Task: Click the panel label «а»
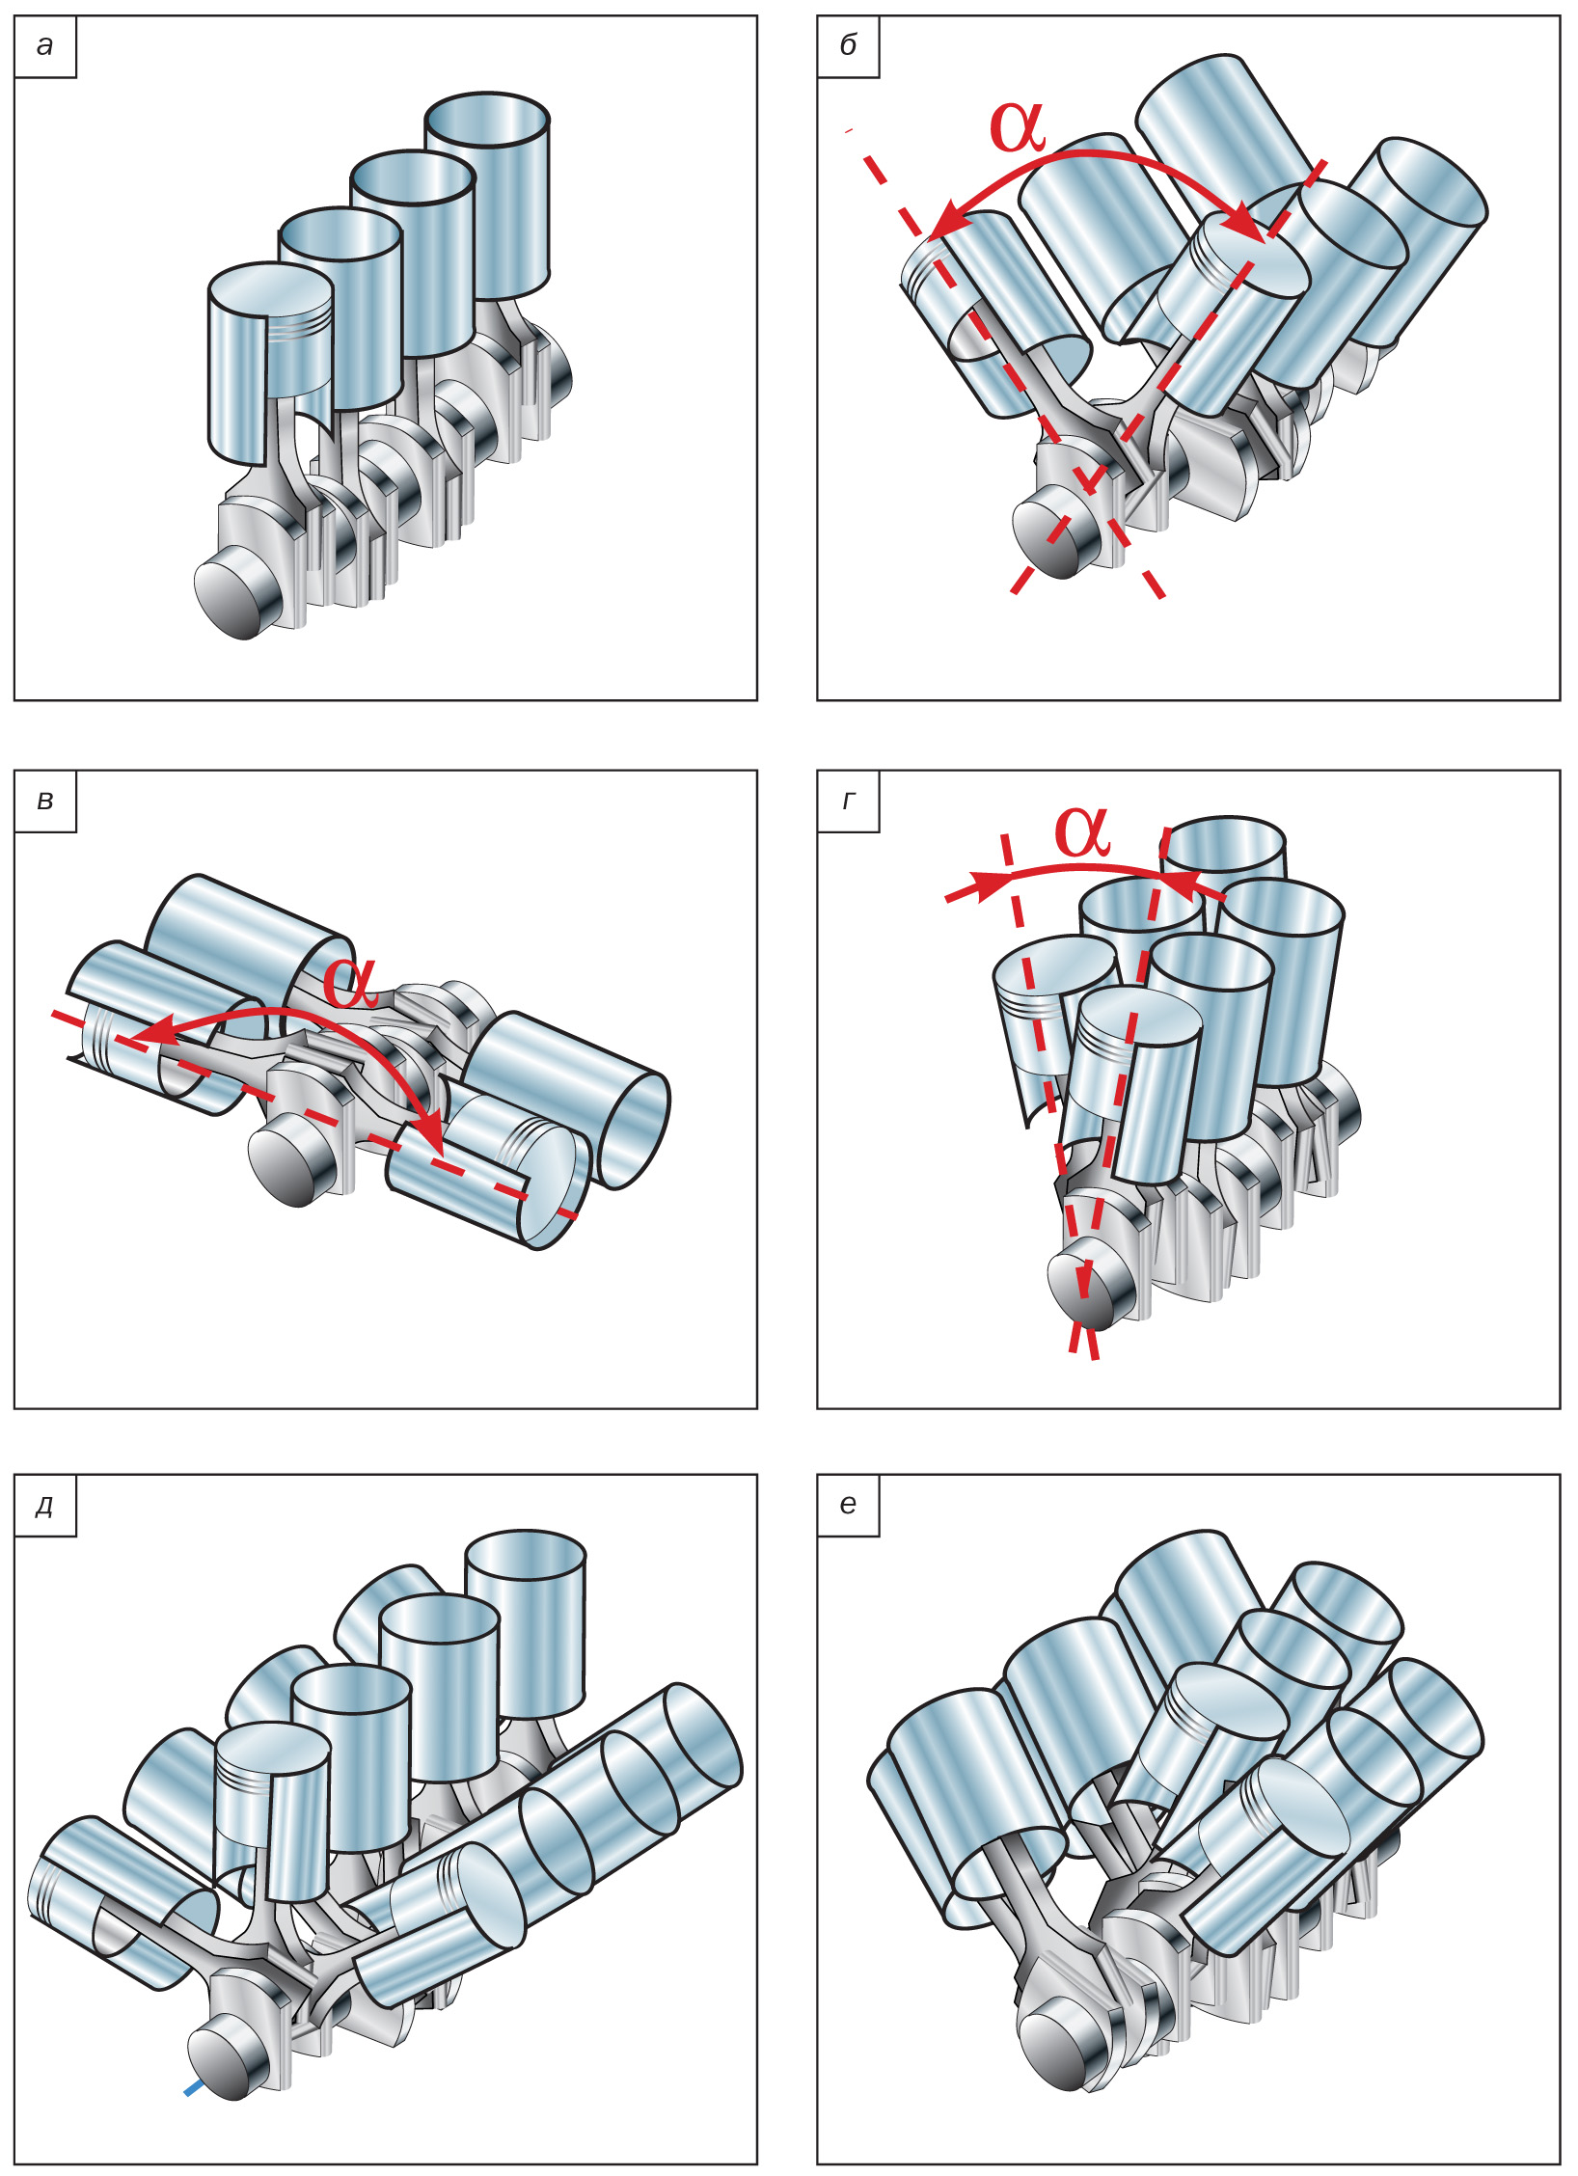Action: click(44, 46)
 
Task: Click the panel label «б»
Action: click(848, 46)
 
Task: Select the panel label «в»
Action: click(44, 802)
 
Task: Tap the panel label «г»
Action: click(848, 802)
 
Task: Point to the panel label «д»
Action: click(44, 1506)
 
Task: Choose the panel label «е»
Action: click(848, 1506)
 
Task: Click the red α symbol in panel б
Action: click(1018, 126)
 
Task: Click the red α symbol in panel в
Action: click(349, 983)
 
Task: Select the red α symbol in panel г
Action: click(1082, 831)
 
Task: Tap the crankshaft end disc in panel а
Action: click(230, 597)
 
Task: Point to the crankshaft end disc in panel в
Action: click(285, 1169)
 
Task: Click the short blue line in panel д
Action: click(194, 2088)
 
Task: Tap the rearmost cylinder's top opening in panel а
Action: click(487, 120)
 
